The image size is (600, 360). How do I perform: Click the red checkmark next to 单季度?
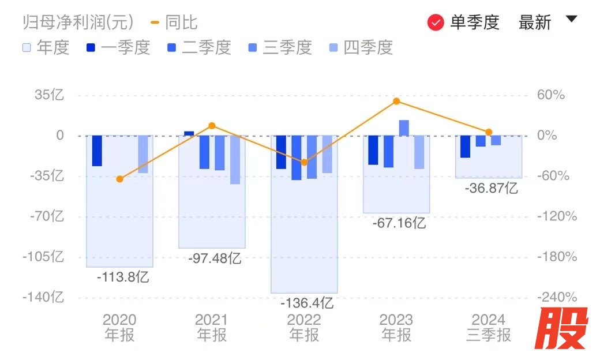click(x=436, y=22)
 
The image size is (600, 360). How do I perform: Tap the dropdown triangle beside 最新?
click(x=571, y=19)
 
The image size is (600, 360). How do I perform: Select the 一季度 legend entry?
click(x=118, y=47)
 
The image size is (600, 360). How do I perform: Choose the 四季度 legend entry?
click(x=361, y=47)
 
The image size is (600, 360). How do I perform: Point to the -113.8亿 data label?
click(x=123, y=277)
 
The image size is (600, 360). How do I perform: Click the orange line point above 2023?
click(x=396, y=102)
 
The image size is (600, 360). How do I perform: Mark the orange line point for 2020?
click(x=119, y=179)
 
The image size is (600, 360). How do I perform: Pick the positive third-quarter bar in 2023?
click(x=404, y=128)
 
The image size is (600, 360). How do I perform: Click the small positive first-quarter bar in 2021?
click(x=189, y=133)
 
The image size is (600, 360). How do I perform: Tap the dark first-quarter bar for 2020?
click(x=97, y=151)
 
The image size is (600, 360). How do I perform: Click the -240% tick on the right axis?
click(x=557, y=297)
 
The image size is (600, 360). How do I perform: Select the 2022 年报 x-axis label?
click(x=304, y=327)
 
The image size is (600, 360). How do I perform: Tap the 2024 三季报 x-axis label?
click(x=489, y=327)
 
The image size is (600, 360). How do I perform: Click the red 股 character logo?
click(x=561, y=328)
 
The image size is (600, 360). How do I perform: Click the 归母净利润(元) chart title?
click(x=78, y=22)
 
